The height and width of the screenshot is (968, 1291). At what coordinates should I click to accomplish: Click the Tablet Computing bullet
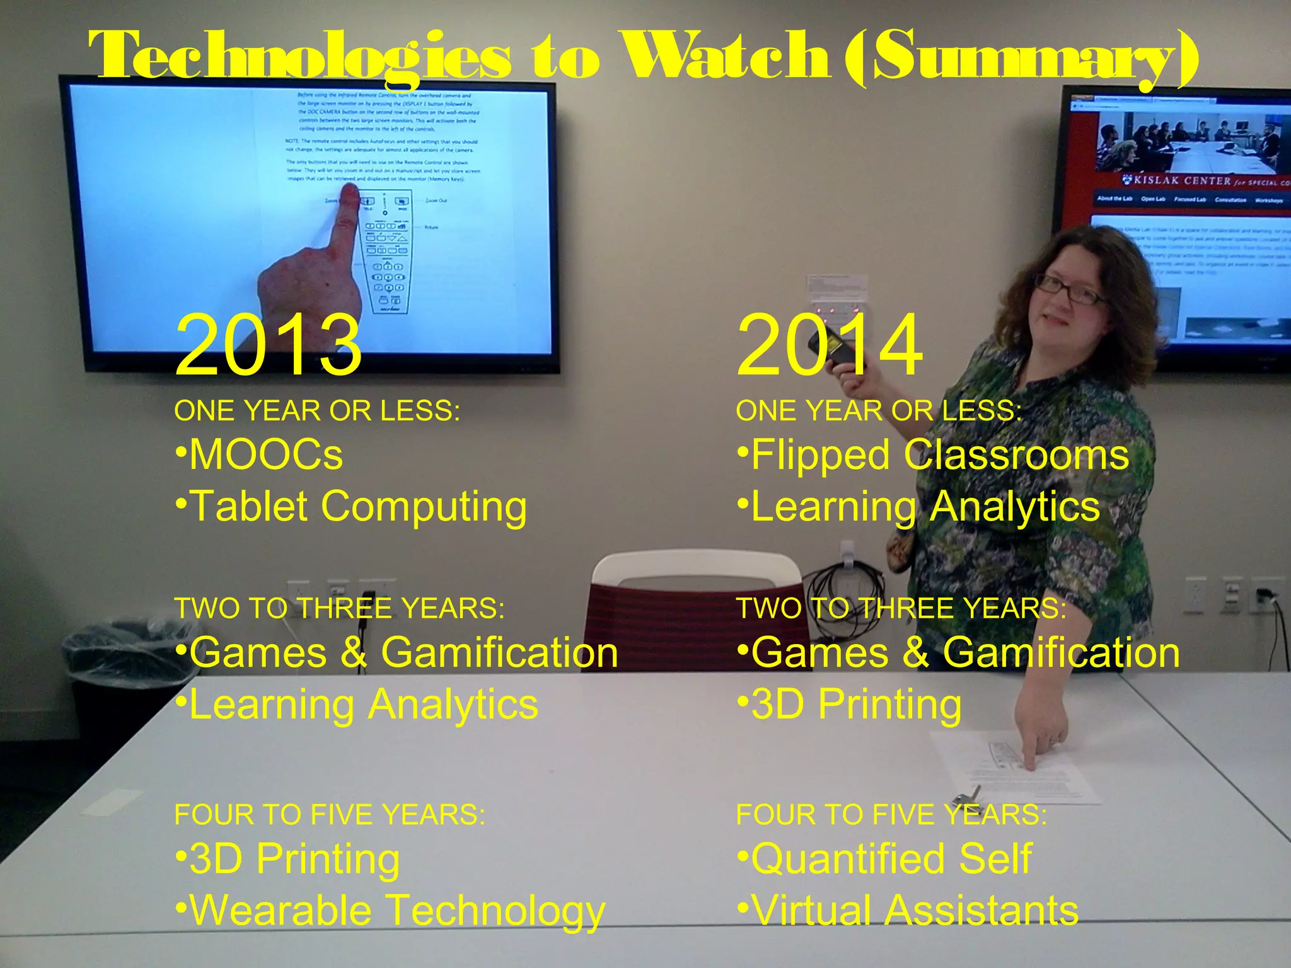coord(351,507)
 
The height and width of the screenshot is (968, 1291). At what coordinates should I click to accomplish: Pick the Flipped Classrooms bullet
coord(933,455)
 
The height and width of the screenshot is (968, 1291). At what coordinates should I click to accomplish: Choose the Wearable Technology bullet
coord(390,911)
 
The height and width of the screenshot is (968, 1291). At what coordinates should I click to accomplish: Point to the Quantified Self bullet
coord(884,860)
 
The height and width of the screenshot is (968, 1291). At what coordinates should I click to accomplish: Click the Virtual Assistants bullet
coord(908,911)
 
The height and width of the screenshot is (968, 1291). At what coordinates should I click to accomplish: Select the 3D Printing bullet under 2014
coord(849,705)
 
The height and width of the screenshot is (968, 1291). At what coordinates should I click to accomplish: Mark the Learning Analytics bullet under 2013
coord(357,705)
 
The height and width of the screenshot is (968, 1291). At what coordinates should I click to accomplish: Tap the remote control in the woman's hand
coord(845,353)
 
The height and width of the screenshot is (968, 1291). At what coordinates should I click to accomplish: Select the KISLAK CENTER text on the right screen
coord(1179,181)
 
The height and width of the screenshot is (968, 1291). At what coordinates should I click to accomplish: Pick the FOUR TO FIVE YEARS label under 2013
coord(330,814)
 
